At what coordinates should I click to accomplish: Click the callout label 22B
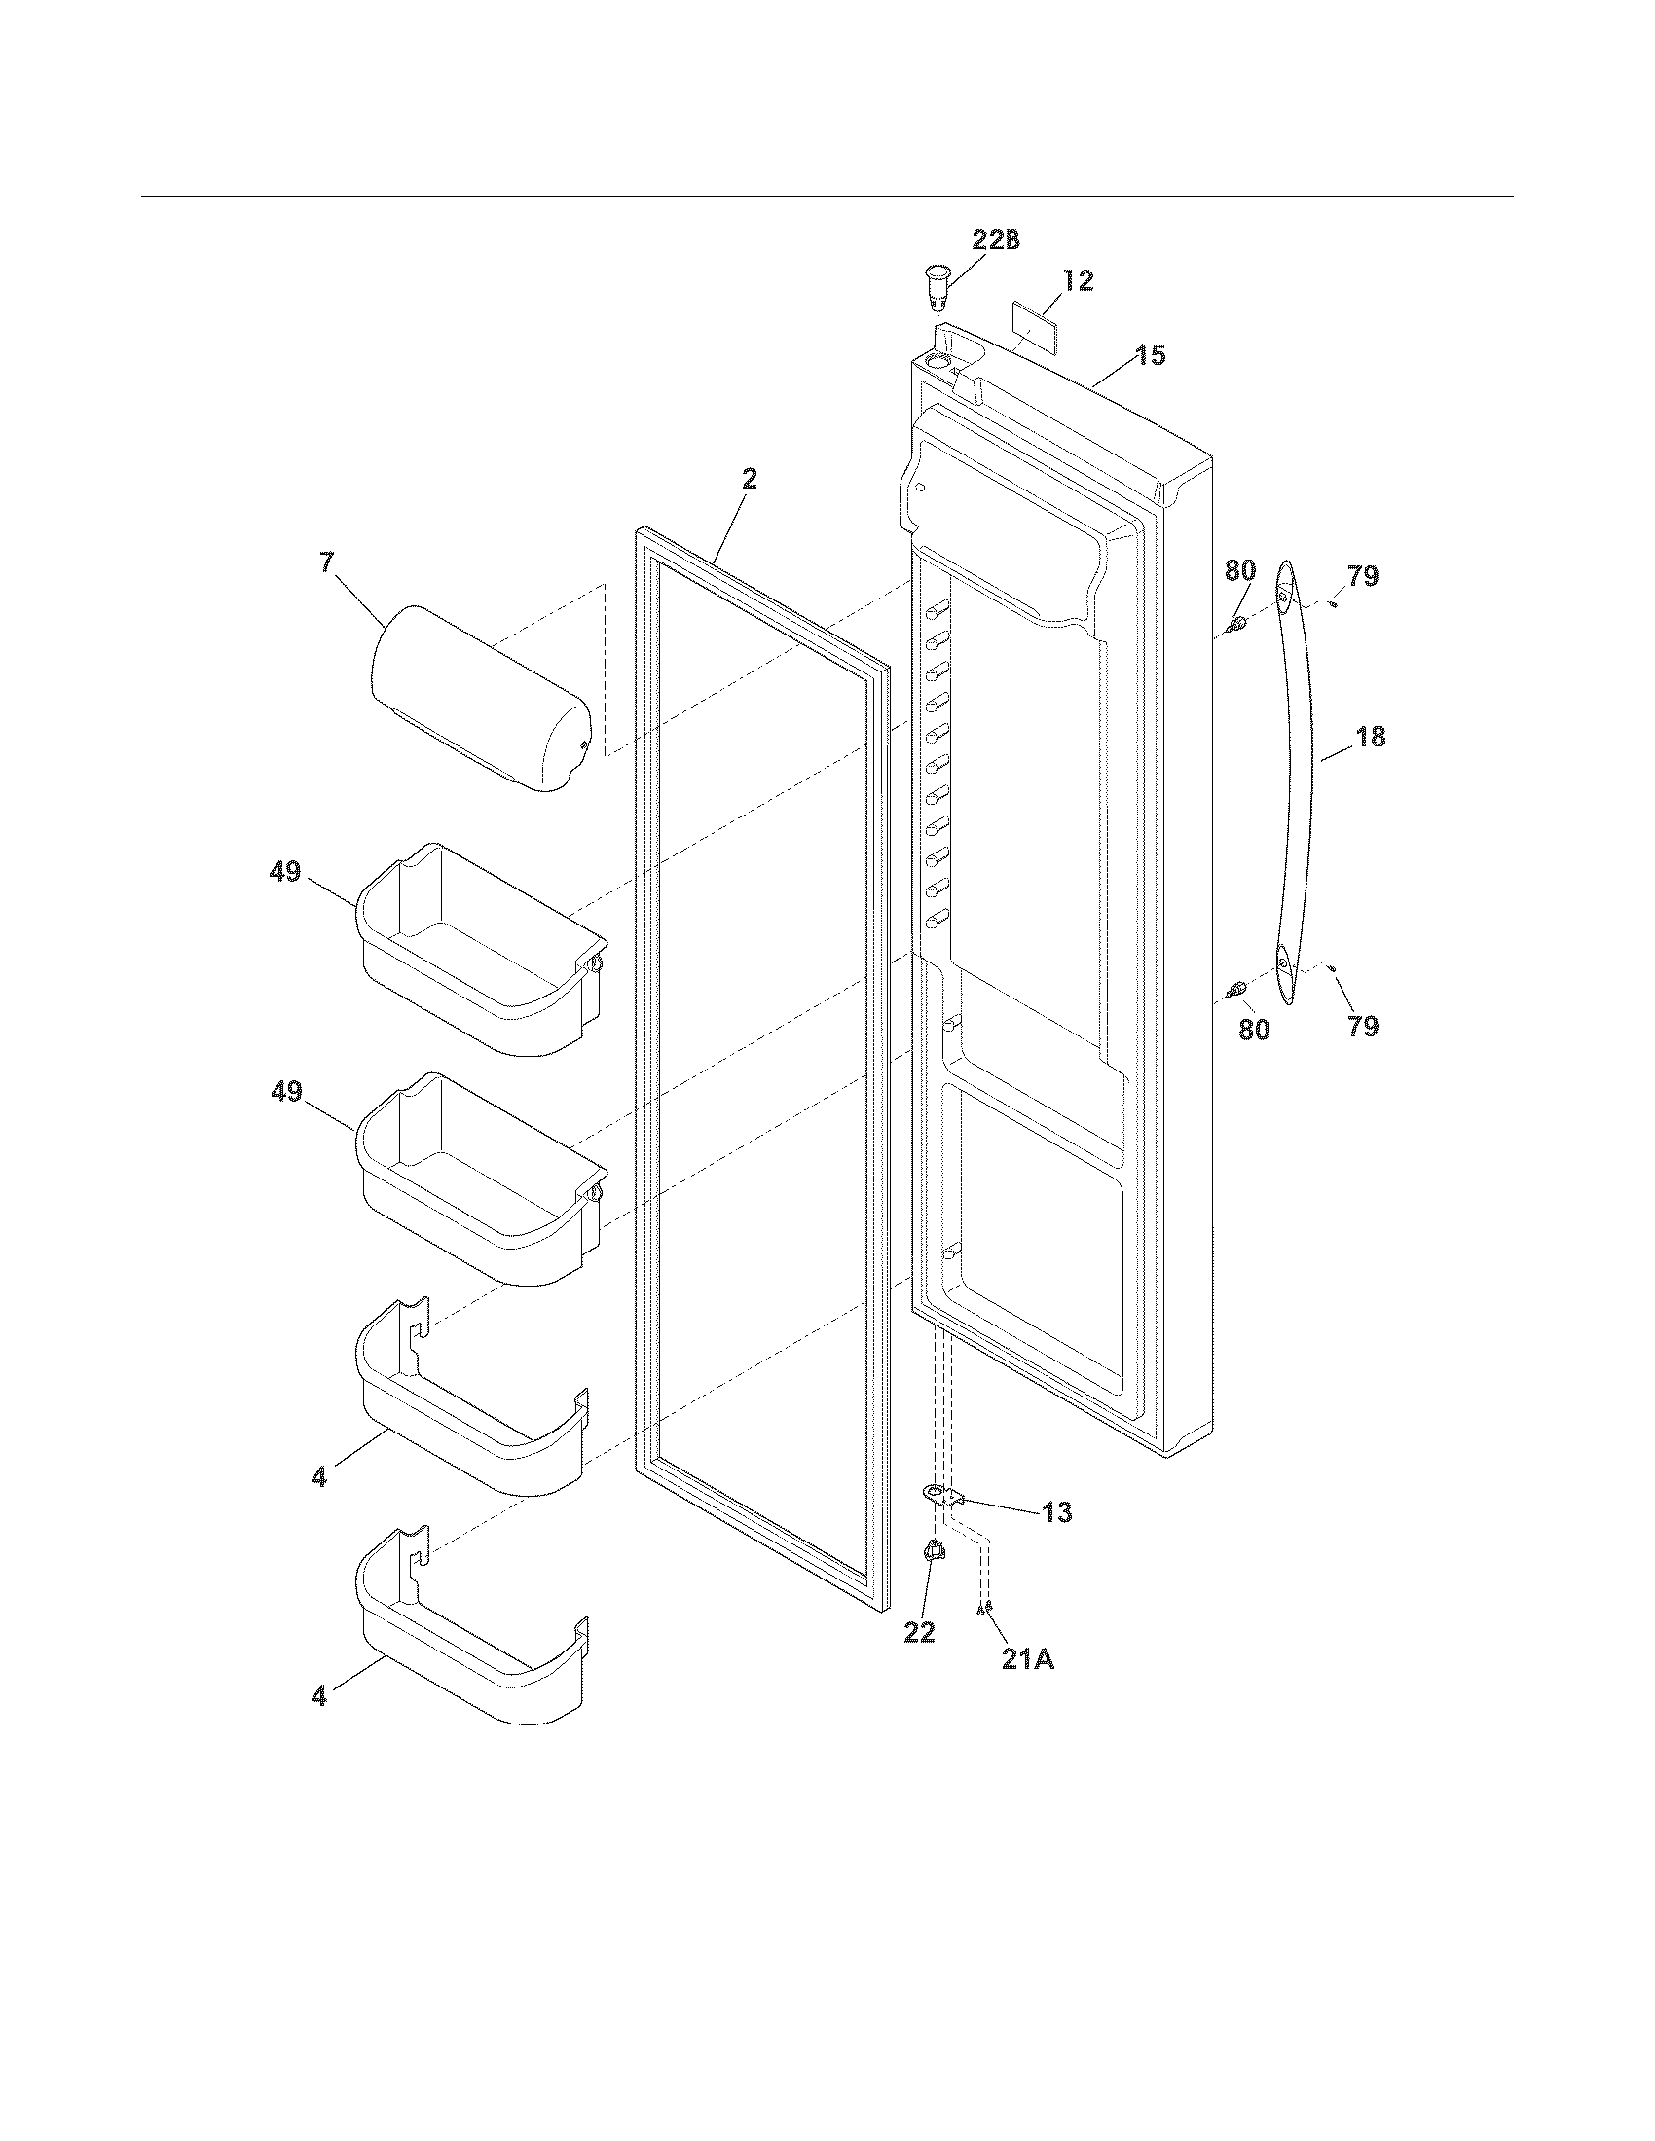[995, 241]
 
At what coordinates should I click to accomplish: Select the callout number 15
[1151, 355]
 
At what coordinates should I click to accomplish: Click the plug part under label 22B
[938, 283]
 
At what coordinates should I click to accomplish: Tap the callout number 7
[325, 562]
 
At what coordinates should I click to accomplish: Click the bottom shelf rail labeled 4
[470, 1631]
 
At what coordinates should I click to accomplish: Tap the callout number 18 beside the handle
[1370, 737]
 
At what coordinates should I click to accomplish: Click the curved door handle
[1296, 784]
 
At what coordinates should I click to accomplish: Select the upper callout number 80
[1239, 570]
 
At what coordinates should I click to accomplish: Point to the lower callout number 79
[1363, 1027]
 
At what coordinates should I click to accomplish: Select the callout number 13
[1056, 1512]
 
